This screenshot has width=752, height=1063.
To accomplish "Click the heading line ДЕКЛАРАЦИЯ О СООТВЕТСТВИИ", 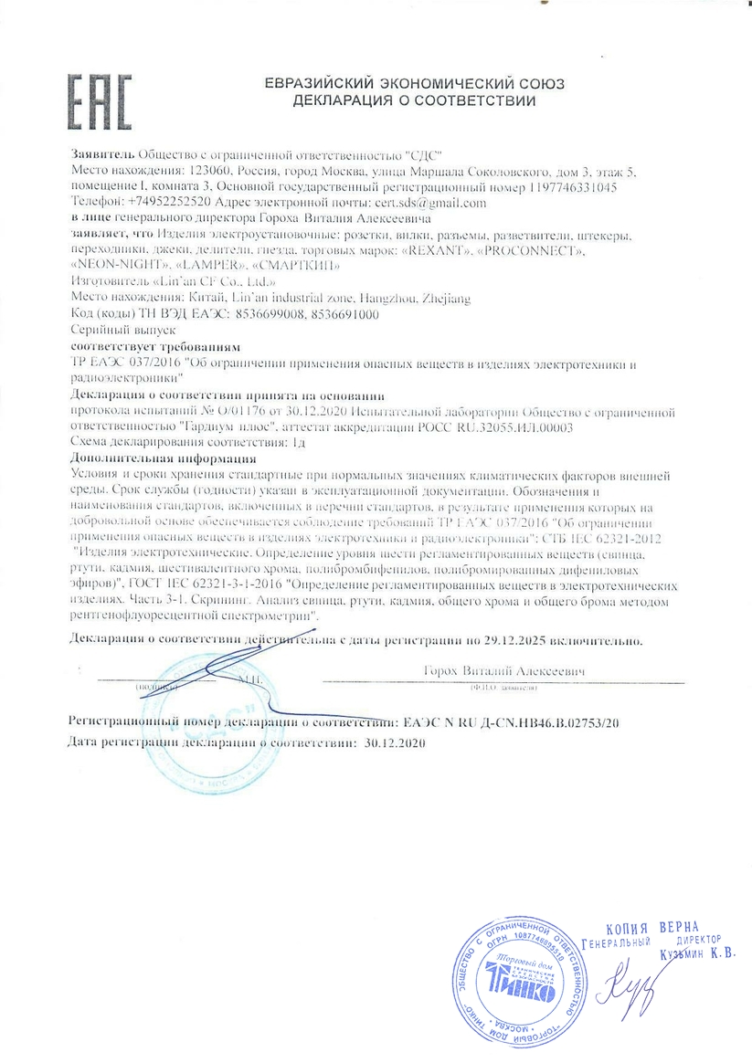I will point(414,100).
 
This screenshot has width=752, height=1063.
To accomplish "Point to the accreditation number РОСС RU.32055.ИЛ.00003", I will point(496,426).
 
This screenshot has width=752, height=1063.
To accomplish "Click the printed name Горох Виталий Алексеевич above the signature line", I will point(504,671).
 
